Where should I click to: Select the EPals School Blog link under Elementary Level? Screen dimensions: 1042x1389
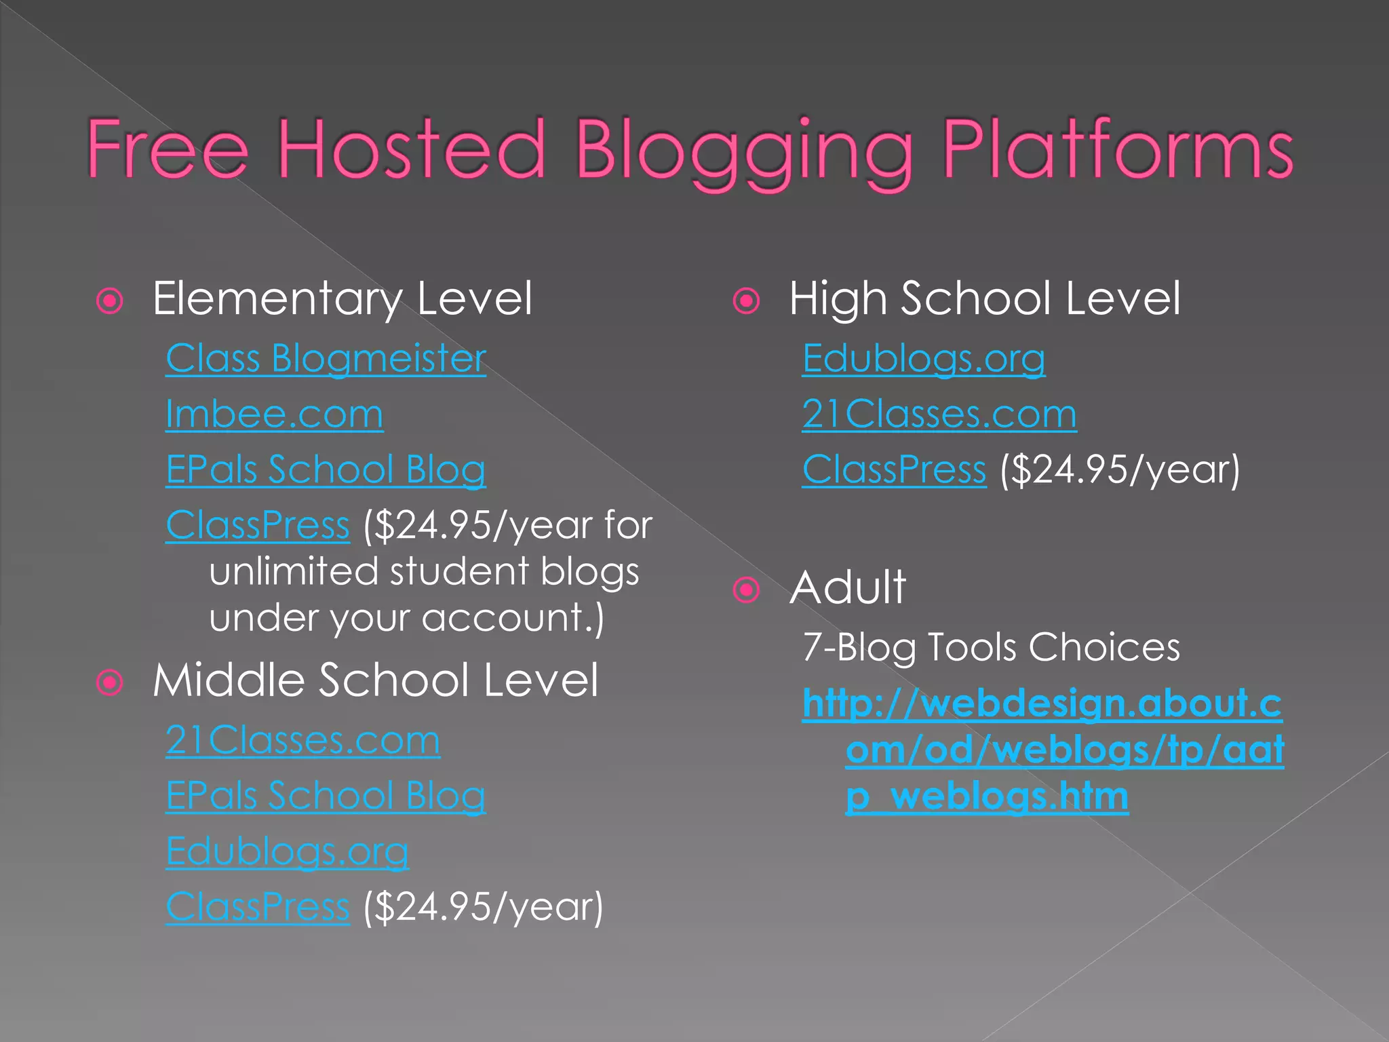coord(326,469)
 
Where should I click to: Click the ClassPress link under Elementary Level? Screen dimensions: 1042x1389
coord(258,525)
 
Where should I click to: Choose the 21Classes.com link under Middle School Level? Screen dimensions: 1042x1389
coord(302,740)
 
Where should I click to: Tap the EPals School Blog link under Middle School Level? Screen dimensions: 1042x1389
coord(326,796)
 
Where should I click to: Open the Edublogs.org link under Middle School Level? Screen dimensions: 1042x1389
coord(287,851)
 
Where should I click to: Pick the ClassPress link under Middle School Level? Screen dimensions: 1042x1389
coord(258,907)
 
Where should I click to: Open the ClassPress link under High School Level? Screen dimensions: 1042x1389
coord(894,469)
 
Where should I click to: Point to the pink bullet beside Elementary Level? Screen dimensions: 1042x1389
coord(110,301)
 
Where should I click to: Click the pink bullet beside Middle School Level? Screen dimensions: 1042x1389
coord(110,682)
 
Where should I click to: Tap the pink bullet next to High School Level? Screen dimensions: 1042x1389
coord(747,301)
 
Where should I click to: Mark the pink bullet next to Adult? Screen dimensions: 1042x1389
coord(747,590)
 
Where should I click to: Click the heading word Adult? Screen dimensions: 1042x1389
coord(848,587)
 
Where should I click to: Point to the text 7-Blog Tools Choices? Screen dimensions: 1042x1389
coord(991,647)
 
